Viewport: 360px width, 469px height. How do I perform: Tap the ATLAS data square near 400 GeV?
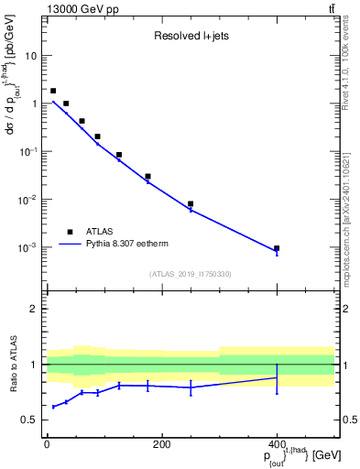[x=277, y=248]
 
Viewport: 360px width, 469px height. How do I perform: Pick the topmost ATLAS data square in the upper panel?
[x=53, y=91]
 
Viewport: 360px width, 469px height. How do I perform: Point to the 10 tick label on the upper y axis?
[x=31, y=56]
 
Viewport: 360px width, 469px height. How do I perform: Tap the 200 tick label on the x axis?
[x=161, y=444]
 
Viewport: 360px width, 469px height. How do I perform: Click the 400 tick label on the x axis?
[x=277, y=444]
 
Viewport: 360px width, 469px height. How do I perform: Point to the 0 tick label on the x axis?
[x=47, y=444]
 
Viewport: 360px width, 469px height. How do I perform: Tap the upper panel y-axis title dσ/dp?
[x=12, y=92]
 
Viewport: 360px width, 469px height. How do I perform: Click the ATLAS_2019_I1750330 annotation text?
[x=191, y=273]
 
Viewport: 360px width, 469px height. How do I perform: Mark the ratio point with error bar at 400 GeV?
[x=277, y=377]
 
